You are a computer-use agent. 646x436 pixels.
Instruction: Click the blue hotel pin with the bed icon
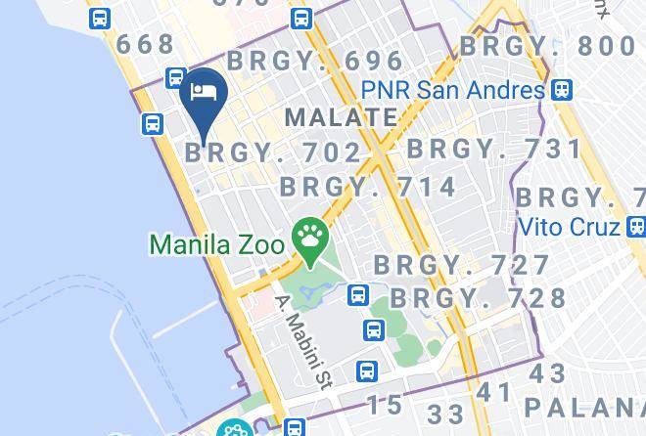coord(204,96)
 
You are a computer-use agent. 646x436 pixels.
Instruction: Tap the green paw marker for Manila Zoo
coord(310,238)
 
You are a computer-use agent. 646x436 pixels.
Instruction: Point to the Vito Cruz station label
coord(568,227)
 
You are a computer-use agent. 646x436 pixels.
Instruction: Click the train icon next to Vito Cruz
coord(636,227)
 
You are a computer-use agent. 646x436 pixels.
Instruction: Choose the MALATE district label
coord(341,118)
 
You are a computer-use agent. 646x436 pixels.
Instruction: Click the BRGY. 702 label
coord(274,153)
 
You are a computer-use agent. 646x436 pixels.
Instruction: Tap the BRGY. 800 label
coord(547,46)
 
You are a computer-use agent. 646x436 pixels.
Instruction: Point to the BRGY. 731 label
coord(494,150)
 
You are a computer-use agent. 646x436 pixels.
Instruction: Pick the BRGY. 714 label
coord(368,187)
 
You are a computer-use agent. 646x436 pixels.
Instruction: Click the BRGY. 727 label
coord(462,265)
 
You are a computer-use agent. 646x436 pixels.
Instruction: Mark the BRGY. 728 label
coord(479,298)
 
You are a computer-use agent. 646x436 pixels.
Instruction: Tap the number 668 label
coord(145,44)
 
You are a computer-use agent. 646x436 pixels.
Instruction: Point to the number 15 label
coord(384,404)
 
